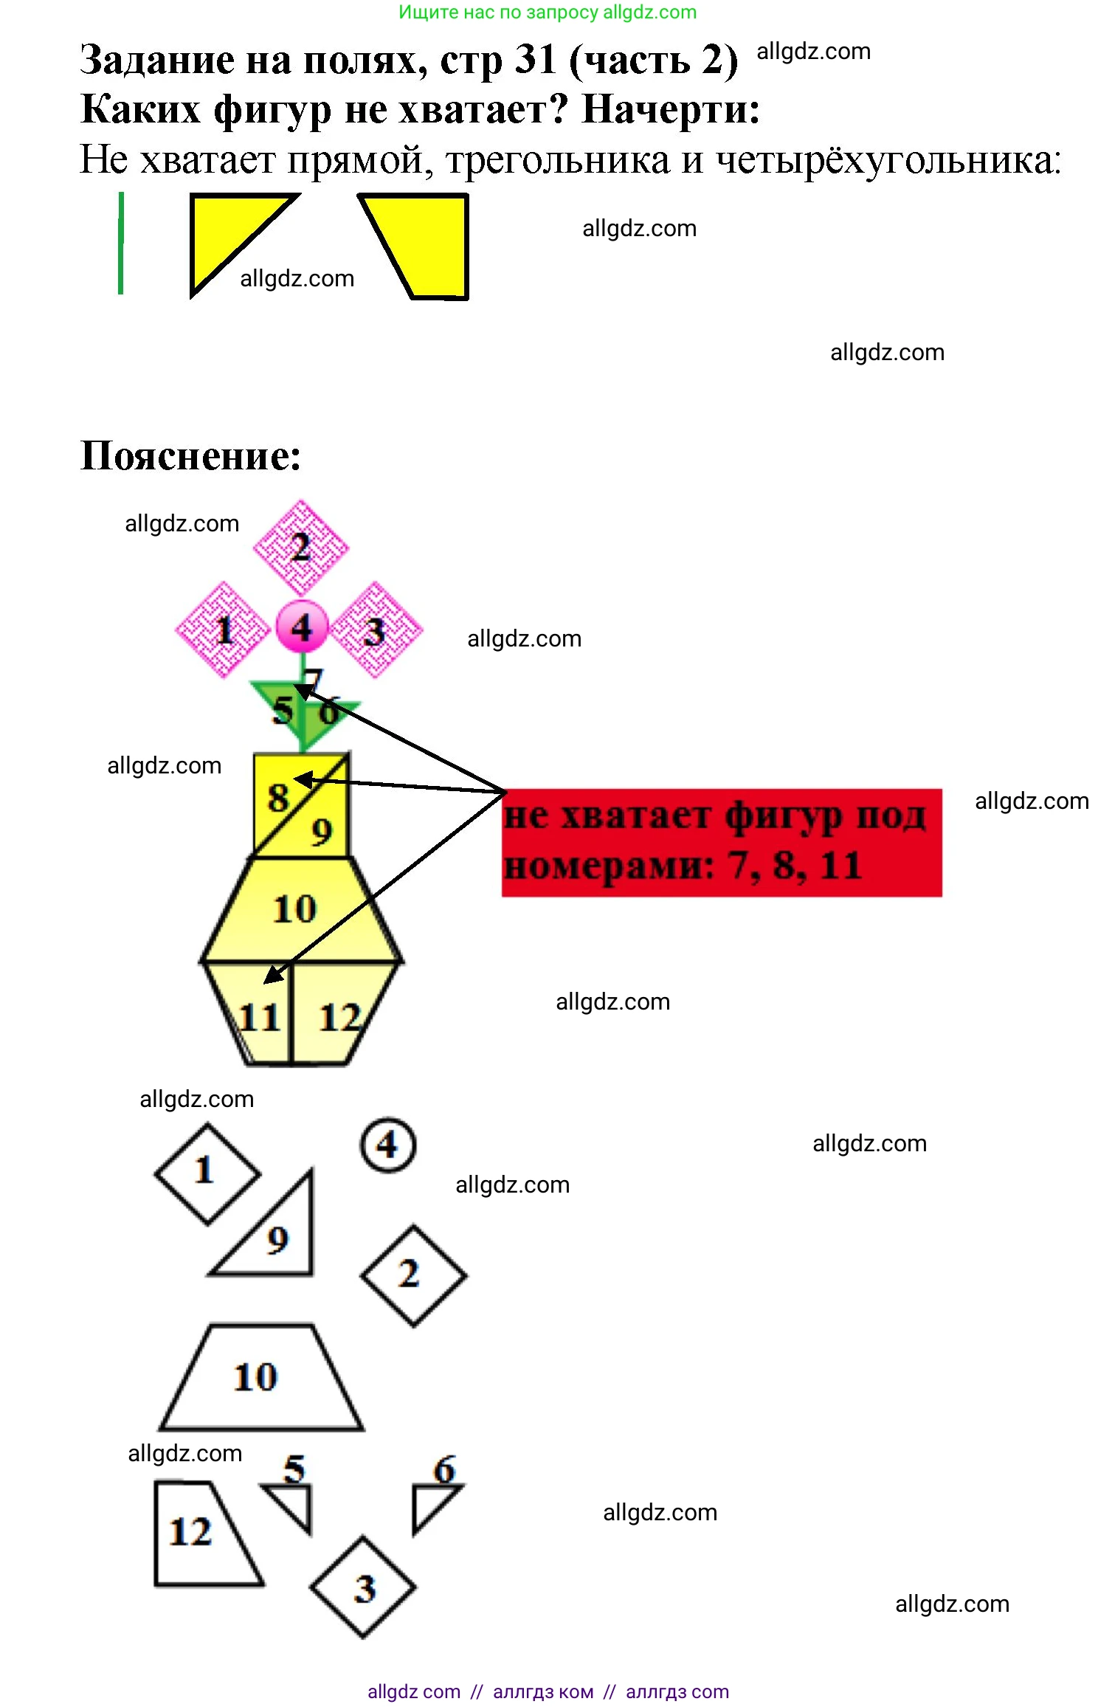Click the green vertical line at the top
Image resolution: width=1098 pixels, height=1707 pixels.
pyautogui.click(x=120, y=244)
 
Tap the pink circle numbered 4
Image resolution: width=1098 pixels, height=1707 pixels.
pyautogui.click(x=301, y=628)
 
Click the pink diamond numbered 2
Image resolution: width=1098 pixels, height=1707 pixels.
pyautogui.click(x=300, y=548)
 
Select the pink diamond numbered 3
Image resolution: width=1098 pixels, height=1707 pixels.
pyautogui.click(x=376, y=630)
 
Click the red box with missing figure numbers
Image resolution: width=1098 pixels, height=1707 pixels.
pyautogui.click(x=721, y=842)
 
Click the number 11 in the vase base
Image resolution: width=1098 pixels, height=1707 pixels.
pyautogui.click(x=259, y=1018)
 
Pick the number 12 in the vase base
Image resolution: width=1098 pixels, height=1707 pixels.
pyautogui.click(x=339, y=1018)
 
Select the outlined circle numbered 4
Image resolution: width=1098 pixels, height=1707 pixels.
pyautogui.click(x=387, y=1145)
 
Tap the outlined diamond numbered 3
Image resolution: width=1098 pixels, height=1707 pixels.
pyautogui.click(x=363, y=1587)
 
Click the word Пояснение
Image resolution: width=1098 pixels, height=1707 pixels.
pyautogui.click(x=190, y=455)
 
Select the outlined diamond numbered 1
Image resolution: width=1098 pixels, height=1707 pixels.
pyautogui.click(x=207, y=1173)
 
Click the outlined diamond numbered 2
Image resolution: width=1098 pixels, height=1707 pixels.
pyautogui.click(x=412, y=1275)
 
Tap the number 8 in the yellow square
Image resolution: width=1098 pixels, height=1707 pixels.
pyautogui.click(x=277, y=798)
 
